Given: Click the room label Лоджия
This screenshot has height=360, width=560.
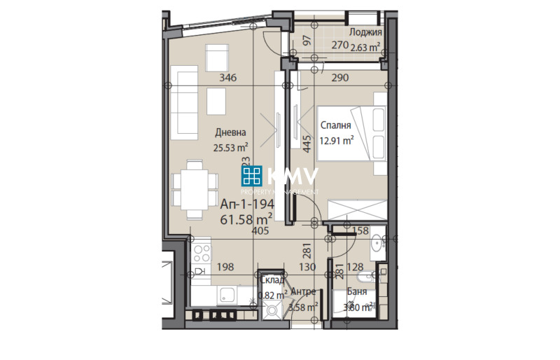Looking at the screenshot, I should click(x=365, y=32).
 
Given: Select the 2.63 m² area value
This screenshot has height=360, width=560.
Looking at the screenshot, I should click(x=365, y=48).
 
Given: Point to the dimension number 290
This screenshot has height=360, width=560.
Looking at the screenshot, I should click(x=340, y=78).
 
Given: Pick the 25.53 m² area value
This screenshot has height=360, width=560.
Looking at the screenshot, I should click(x=231, y=147).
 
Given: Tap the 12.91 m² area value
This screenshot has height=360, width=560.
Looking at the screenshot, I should click(x=337, y=139).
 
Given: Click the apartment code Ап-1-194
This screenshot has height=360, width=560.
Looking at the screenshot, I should click(x=247, y=205).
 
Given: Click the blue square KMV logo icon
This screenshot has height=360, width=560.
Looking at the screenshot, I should click(x=253, y=177).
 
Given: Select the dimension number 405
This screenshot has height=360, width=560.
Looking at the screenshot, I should click(x=260, y=230).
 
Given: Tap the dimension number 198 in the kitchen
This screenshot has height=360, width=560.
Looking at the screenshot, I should click(x=225, y=267).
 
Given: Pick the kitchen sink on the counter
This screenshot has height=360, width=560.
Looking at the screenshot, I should click(x=227, y=295).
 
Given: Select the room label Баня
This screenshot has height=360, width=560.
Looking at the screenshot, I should click(x=356, y=293).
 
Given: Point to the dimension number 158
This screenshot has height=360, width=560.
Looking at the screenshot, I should click(x=360, y=230).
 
